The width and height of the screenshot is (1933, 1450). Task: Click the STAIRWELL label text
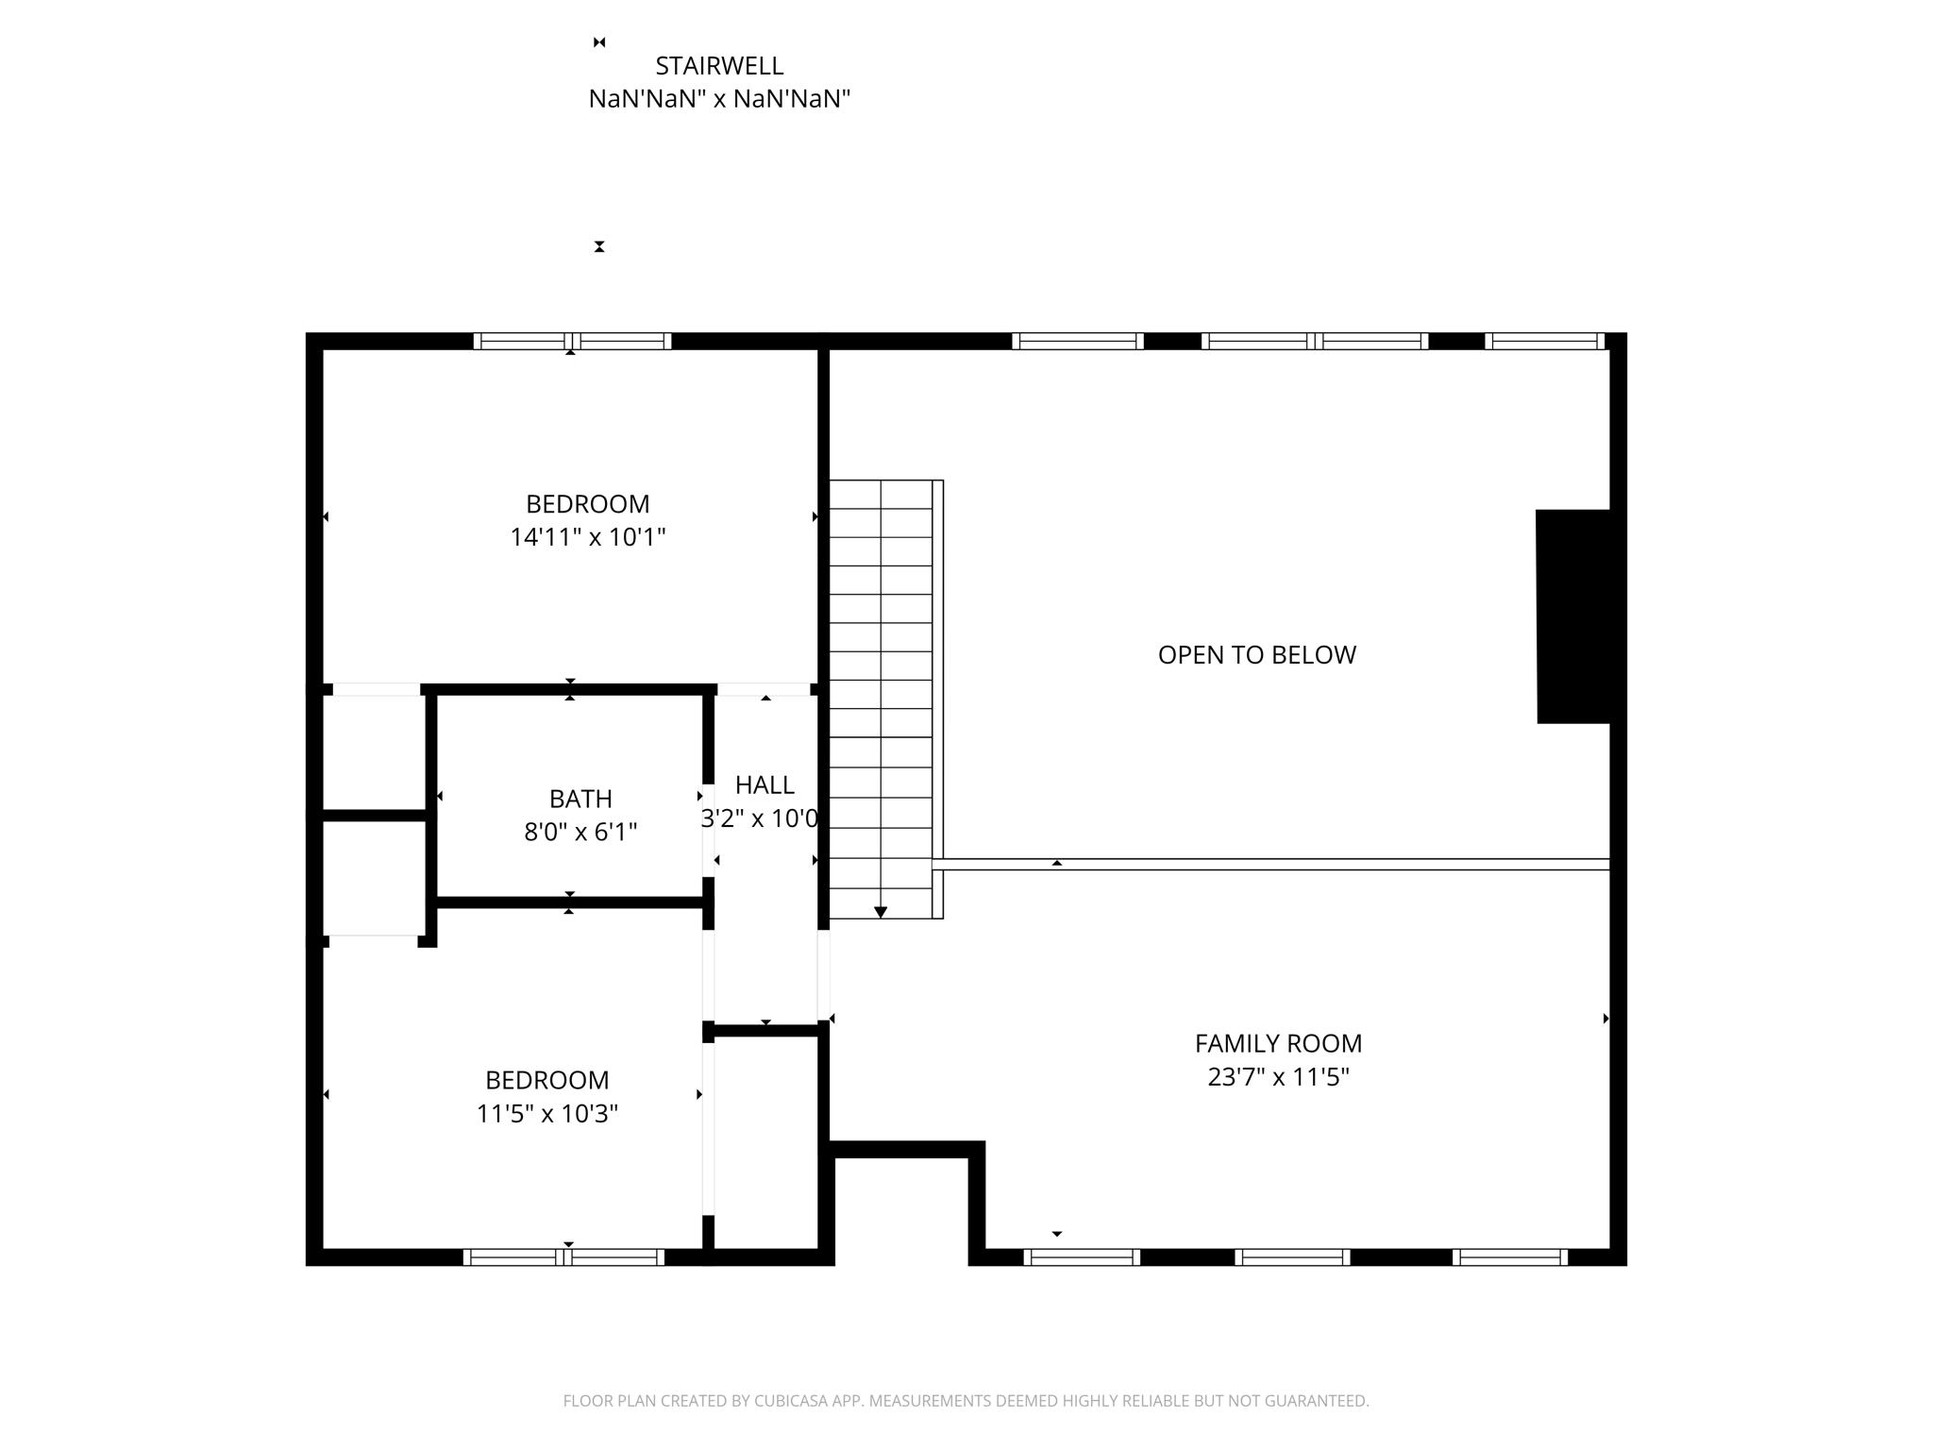pos(719,66)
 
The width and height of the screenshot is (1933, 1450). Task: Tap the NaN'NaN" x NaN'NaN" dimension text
pos(719,99)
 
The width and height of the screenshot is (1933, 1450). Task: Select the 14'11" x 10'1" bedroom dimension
pos(588,537)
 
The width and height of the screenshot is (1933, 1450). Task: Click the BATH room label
pos(580,799)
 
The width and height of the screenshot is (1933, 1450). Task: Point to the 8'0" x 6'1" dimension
pos(580,833)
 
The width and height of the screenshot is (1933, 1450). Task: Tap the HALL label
pos(765,784)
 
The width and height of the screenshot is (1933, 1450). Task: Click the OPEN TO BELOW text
pos(1256,655)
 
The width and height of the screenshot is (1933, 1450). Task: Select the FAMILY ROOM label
pos(1278,1043)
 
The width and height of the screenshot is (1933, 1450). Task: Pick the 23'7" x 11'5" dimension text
pos(1278,1077)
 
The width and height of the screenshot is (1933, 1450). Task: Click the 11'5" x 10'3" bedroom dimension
pos(546,1114)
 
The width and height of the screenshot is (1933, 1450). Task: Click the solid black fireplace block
pos(1572,616)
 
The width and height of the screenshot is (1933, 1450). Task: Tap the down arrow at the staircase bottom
pos(881,912)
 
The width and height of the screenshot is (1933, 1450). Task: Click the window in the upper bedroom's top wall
pos(572,341)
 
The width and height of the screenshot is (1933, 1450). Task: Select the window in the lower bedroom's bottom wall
pos(563,1257)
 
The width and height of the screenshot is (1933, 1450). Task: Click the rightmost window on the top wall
pos(1544,341)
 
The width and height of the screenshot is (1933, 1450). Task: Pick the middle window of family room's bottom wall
pos(1292,1257)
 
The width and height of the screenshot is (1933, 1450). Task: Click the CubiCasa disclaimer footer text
pos(966,1401)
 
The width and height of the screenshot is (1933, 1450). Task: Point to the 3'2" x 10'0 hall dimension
pos(759,818)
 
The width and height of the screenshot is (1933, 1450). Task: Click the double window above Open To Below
pos(1314,341)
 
